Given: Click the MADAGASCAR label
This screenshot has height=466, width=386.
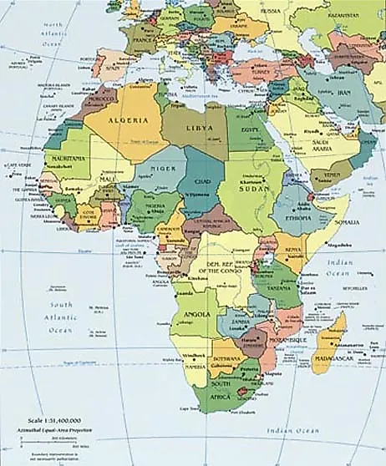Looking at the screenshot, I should click(330, 359).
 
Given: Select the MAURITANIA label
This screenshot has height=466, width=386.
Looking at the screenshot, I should click(68, 158).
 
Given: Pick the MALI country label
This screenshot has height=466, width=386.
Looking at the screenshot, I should click(107, 179).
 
